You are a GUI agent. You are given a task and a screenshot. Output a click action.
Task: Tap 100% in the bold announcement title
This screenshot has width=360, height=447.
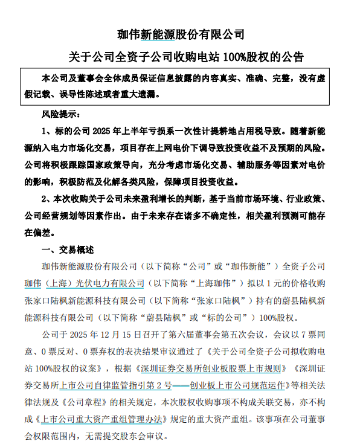[x=236, y=58]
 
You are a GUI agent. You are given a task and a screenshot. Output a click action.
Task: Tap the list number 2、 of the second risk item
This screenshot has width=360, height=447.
[x=47, y=199]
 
